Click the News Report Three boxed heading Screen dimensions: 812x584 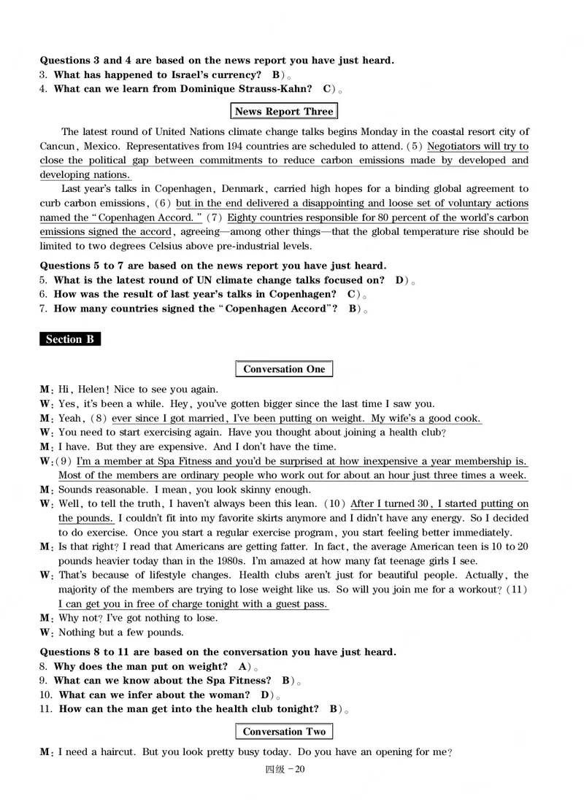(284, 112)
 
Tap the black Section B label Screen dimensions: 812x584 (69, 339)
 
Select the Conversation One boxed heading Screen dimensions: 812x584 (284, 369)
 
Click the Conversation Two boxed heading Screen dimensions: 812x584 (284, 732)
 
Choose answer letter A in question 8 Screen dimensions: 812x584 (242, 667)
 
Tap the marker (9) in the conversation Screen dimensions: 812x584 (65, 461)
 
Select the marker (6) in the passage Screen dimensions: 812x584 (164, 204)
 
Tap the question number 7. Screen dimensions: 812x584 (43, 309)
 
